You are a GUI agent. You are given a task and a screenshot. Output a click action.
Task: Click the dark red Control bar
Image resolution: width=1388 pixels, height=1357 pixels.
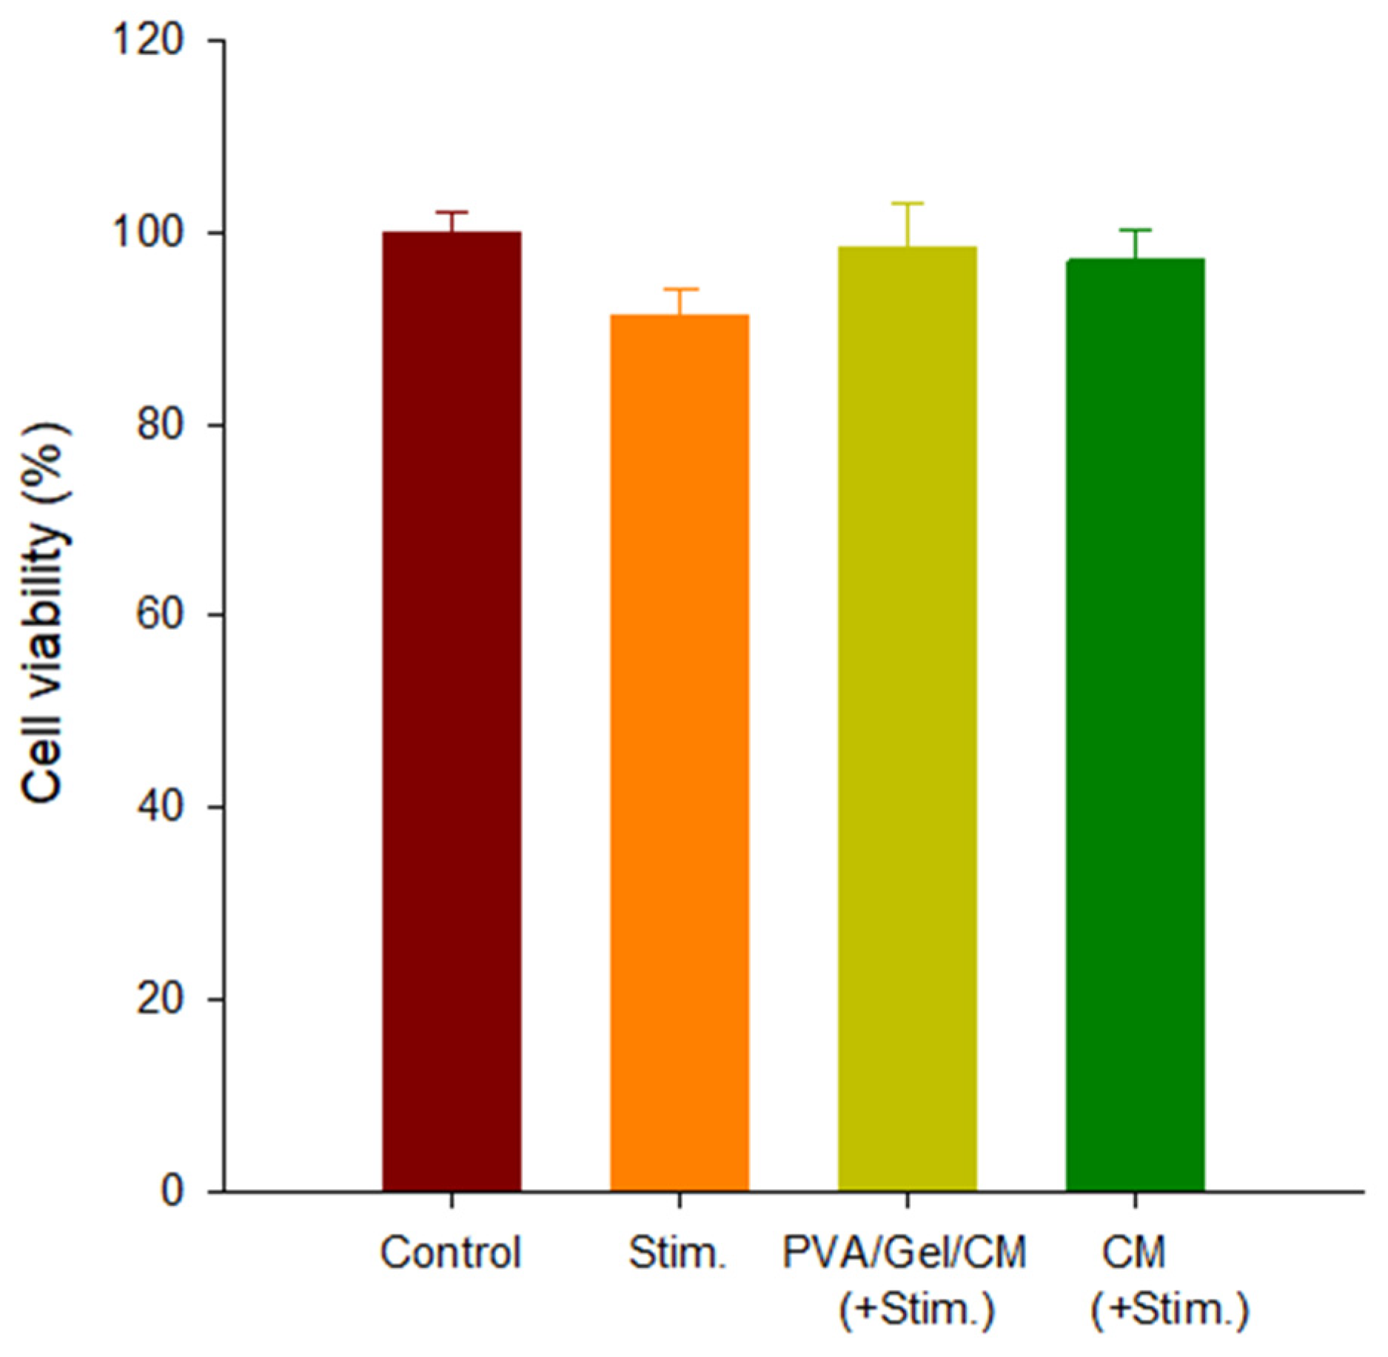pyautogui.click(x=452, y=711)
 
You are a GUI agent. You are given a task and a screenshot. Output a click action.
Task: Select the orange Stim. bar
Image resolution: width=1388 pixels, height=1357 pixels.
pyautogui.click(x=680, y=751)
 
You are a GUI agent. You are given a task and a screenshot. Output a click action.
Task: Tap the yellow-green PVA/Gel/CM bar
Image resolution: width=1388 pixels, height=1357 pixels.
pyautogui.click(x=907, y=718)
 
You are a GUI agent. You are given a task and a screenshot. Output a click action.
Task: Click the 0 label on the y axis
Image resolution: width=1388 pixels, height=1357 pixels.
pyautogui.click(x=172, y=1191)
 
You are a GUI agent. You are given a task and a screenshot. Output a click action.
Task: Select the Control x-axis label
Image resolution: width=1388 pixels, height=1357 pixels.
pyautogui.click(x=451, y=1253)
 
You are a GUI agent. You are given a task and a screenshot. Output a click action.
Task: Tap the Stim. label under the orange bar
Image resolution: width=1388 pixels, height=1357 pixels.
pyautogui.click(x=678, y=1253)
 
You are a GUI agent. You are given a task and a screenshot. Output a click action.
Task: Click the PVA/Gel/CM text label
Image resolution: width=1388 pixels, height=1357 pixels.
pyautogui.click(x=905, y=1253)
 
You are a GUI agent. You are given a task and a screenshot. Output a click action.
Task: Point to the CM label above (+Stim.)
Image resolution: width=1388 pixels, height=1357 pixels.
pyautogui.click(x=1133, y=1253)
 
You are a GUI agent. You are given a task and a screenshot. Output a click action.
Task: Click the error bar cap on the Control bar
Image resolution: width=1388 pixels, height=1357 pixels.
pyautogui.click(x=452, y=212)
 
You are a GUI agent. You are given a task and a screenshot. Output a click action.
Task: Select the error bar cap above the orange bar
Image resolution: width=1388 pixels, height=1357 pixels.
pyautogui.click(x=680, y=289)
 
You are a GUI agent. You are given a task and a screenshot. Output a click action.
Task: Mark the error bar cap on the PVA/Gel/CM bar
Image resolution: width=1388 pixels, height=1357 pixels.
pyautogui.click(x=907, y=203)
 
